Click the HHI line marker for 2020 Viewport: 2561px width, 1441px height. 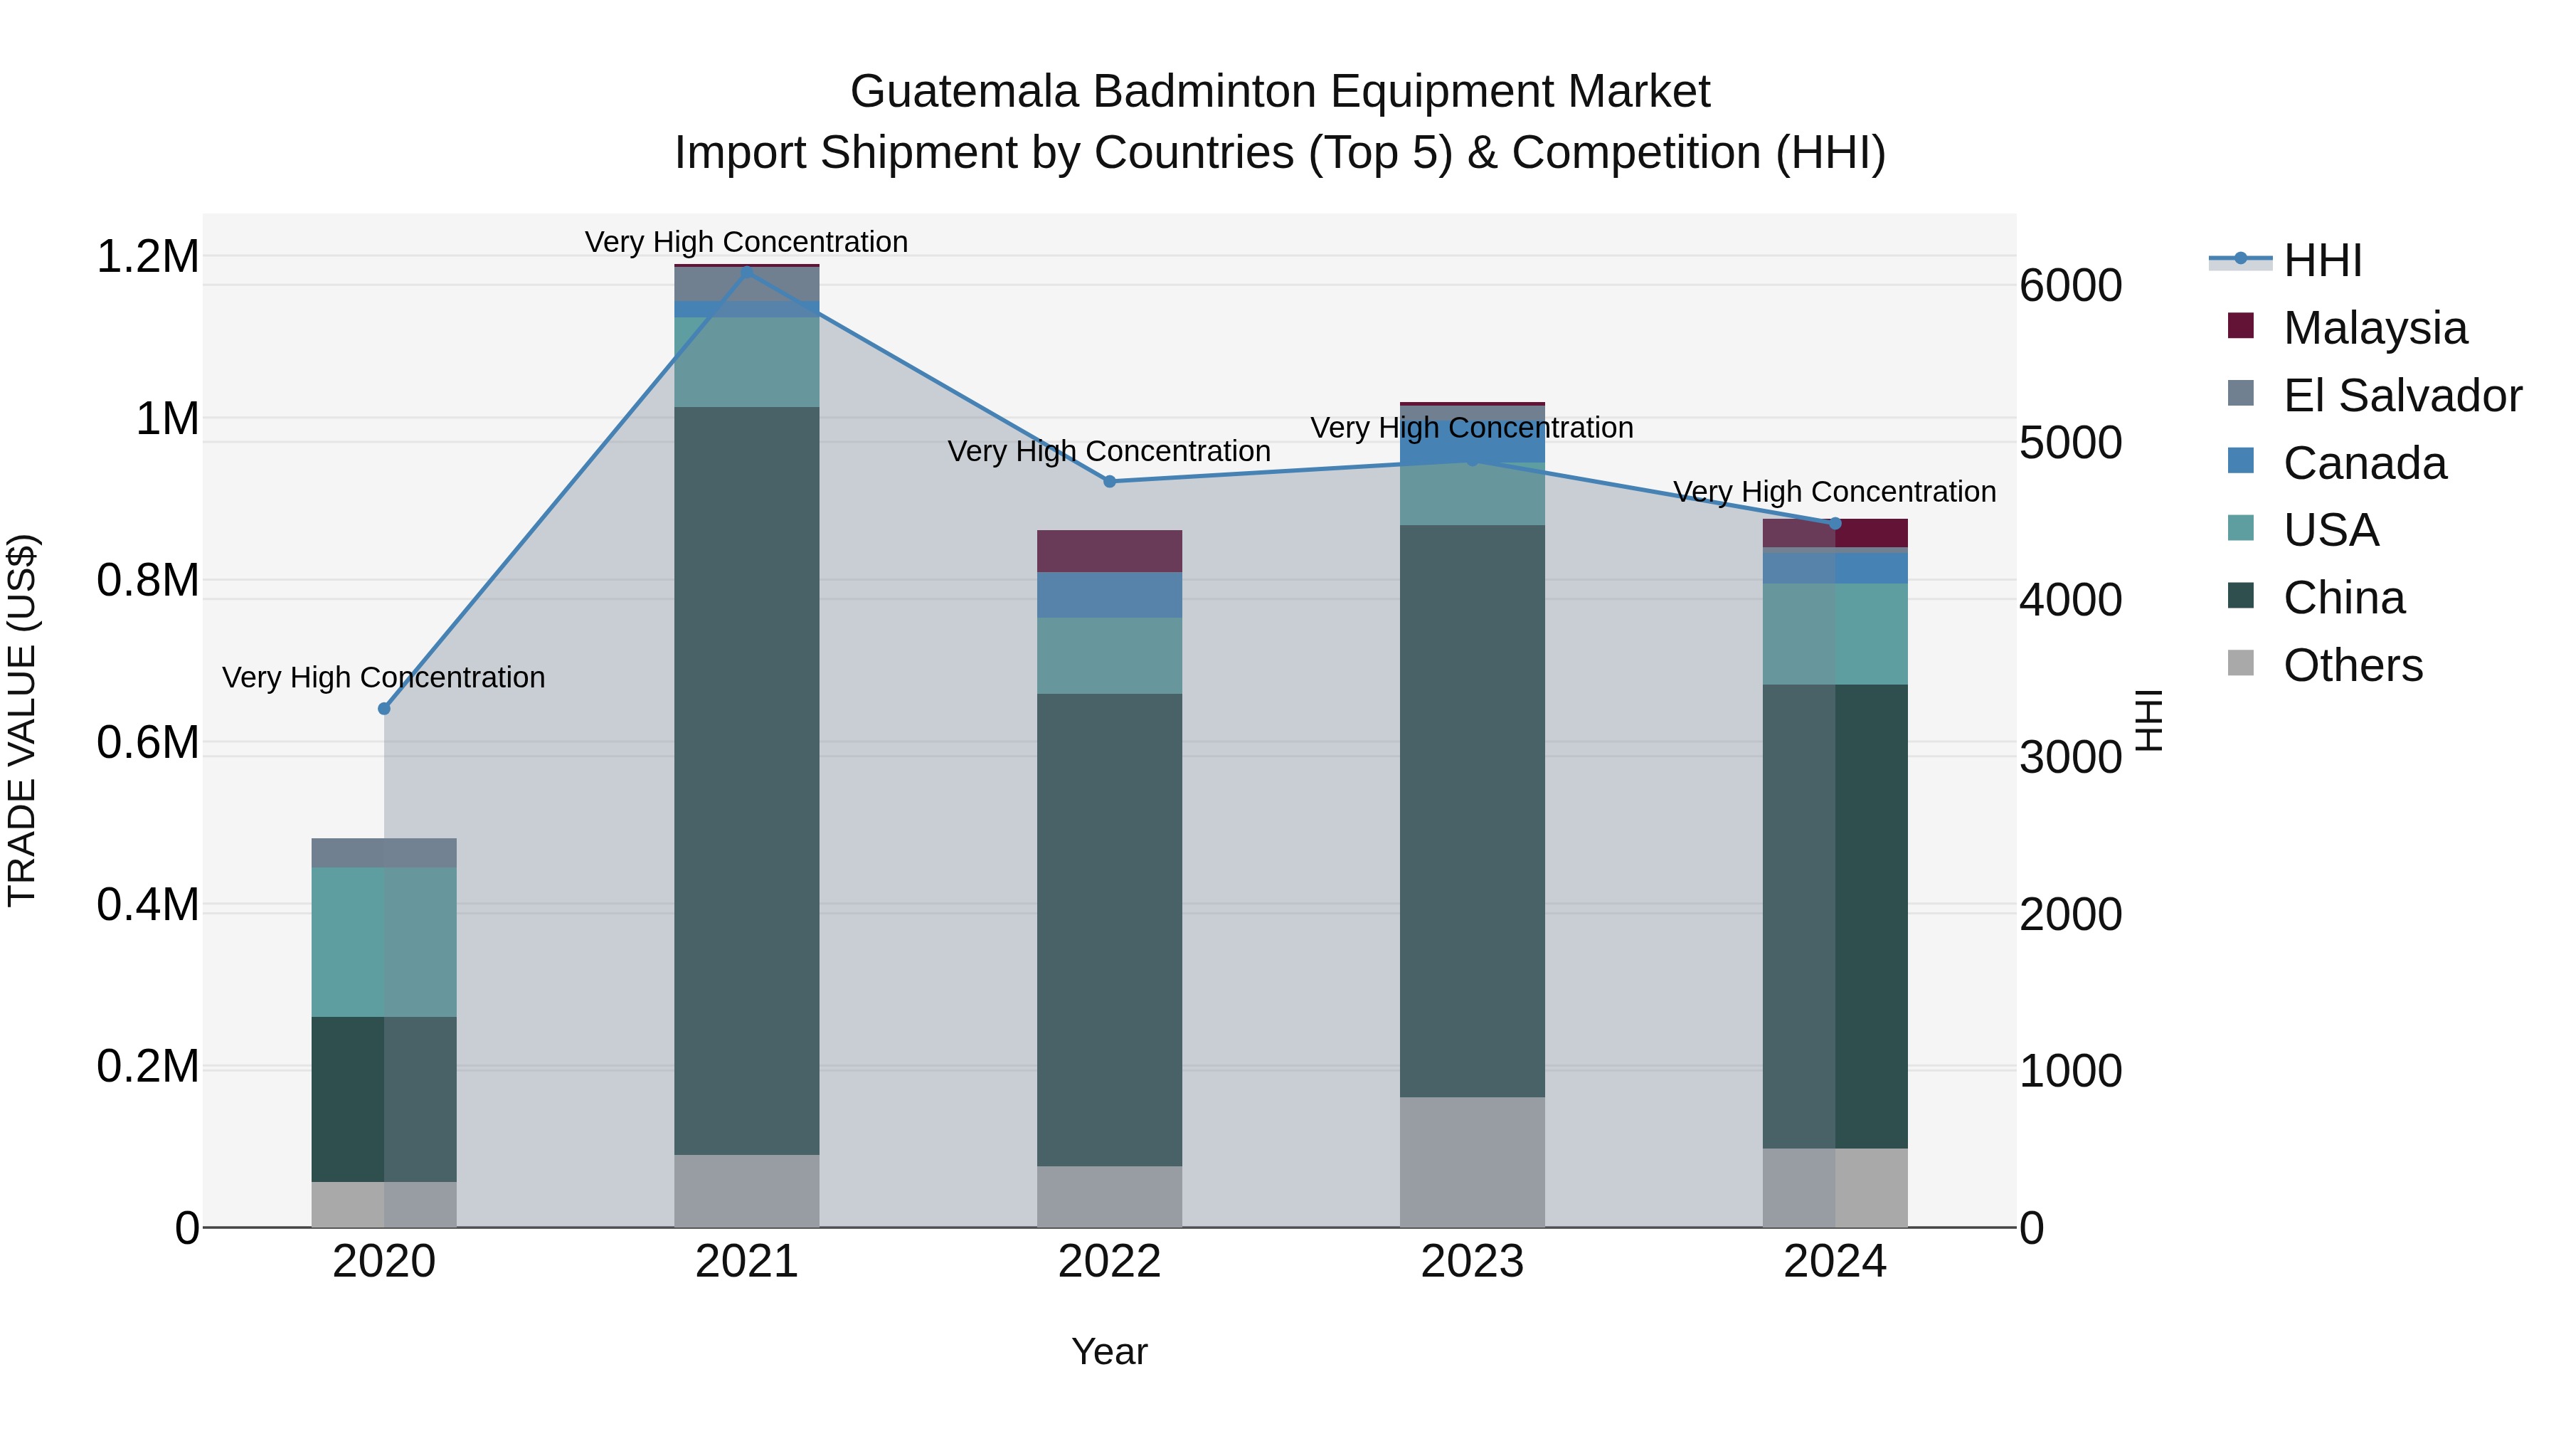coord(383,708)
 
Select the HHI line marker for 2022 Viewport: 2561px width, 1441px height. coord(1110,481)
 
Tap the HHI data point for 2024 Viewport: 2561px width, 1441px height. coord(1835,523)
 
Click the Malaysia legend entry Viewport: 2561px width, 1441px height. coord(2374,328)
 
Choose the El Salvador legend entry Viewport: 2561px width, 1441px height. coord(2401,396)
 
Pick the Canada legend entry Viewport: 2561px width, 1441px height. coord(2364,463)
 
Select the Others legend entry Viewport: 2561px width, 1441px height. coord(2353,665)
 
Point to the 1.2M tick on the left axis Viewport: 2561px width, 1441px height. coord(147,257)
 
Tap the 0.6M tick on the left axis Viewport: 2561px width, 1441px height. coord(147,743)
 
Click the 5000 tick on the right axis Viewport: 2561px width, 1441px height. coord(2070,443)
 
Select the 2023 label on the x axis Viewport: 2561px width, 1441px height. coord(1473,1262)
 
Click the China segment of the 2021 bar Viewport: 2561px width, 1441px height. coord(747,781)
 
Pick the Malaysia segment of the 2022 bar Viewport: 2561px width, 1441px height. coord(1110,551)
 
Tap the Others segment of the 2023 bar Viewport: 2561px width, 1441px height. coord(1473,1161)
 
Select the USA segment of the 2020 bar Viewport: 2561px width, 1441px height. coord(383,941)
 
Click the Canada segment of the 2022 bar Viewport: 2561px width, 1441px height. coord(1110,595)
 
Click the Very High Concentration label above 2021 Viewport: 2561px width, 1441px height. coord(747,242)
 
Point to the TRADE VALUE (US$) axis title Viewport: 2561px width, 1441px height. coord(22,720)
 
